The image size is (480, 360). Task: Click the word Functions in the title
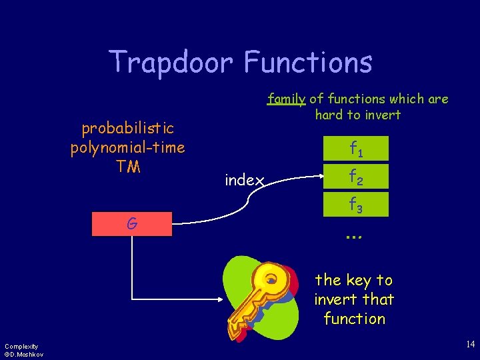coord(307,62)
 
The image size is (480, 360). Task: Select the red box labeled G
coord(132,225)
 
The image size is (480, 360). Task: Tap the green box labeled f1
coord(357,151)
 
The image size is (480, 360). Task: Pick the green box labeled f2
coord(357,177)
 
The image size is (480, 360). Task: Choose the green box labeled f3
coord(357,204)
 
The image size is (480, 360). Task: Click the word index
coord(245,180)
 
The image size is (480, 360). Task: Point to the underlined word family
coord(286,99)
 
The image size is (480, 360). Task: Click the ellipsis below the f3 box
coord(353,235)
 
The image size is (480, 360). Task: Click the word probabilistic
coord(127,127)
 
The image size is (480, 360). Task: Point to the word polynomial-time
coord(127,147)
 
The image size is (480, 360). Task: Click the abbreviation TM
coord(127,166)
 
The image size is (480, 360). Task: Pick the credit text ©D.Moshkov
coord(23,354)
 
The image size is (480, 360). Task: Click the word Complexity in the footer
coord(21,346)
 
